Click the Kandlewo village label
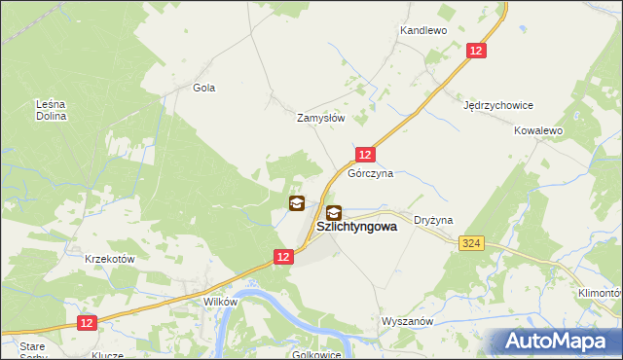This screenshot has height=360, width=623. tap(422, 31)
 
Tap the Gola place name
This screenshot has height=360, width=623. tap(203, 88)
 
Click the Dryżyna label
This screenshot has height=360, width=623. tap(434, 221)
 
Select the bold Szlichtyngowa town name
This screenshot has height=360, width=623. tap(357, 228)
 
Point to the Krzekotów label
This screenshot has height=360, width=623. tap(109, 260)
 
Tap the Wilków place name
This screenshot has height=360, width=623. tap(220, 303)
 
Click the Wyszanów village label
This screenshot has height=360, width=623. tap(407, 320)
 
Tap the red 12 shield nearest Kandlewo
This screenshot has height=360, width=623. tap(476, 52)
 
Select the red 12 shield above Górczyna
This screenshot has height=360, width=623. tap(365, 155)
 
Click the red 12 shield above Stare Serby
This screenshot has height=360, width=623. tap(86, 322)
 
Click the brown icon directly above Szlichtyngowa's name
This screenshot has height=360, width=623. tap(334, 213)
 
